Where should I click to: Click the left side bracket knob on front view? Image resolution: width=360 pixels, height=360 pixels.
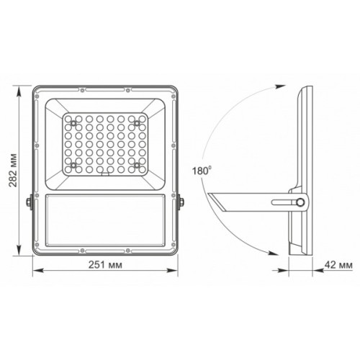29,204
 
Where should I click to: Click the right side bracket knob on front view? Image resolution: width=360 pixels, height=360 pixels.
181,204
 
